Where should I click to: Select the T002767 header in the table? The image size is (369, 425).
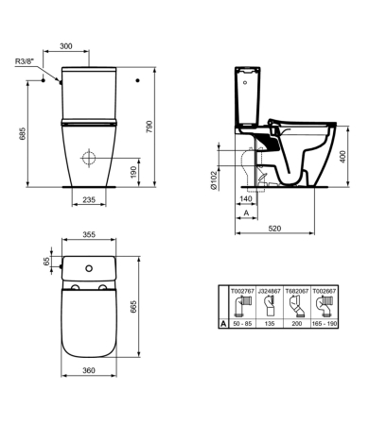click(x=243, y=293)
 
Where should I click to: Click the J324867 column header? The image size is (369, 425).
click(x=270, y=293)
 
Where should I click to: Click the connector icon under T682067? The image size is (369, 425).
click(x=296, y=307)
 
